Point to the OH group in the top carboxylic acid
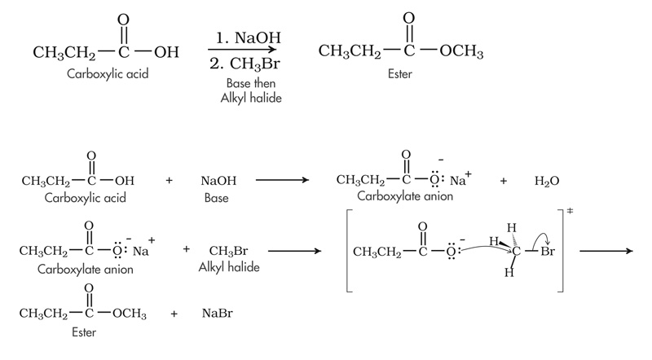(166, 53)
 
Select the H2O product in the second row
(547, 179)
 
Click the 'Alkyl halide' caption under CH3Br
(227, 266)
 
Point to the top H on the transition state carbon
(511, 226)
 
